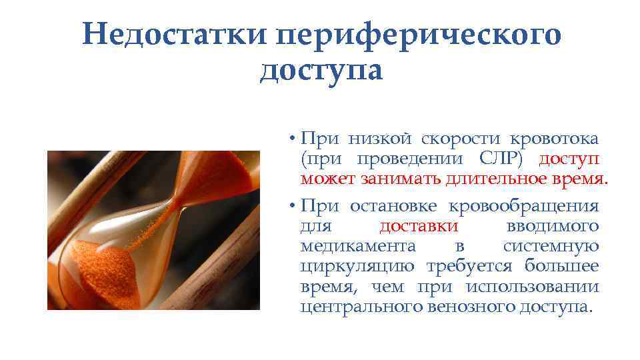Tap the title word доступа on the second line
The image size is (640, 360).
[321, 71]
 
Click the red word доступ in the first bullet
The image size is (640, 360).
[569, 159]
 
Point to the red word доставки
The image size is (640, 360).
[419, 226]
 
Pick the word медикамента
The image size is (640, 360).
[358, 246]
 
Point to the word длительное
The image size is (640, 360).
[482, 179]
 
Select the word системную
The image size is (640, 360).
[551, 246]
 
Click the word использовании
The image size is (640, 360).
[532, 287]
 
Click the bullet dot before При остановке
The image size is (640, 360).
[293, 206]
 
